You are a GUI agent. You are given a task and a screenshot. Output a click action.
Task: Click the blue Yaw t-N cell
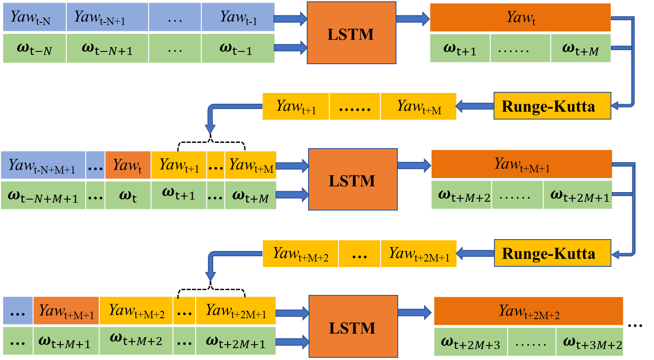pyautogui.click(x=34, y=17)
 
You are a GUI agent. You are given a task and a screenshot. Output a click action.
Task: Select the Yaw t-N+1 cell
pyautogui.click(x=107, y=17)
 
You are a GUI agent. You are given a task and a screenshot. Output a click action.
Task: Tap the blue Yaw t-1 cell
pyautogui.click(x=238, y=17)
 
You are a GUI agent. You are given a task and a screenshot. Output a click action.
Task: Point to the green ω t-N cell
pyautogui.click(x=34, y=48)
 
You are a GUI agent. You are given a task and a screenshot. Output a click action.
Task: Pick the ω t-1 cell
pyautogui.click(x=238, y=48)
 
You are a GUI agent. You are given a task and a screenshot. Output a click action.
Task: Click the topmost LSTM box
pyautogui.click(x=351, y=33)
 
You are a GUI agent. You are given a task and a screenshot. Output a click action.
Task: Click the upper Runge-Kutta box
pyautogui.click(x=552, y=106)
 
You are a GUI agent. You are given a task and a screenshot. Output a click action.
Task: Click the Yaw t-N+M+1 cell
pyautogui.click(x=43, y=165)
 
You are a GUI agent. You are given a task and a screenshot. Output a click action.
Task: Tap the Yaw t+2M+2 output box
pyautogui.click(x=528, y=311)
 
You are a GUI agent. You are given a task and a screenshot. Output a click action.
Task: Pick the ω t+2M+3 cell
pyautogui.click(x=470, y=342)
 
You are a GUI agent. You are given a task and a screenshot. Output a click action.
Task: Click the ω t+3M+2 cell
pyautogui.click(x=590, y=342)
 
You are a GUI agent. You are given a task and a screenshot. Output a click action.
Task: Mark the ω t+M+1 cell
pyautogui.click(x=66, y=341)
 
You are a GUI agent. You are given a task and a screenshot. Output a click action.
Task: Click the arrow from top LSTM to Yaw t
pyautogui.click(x=412, y=18)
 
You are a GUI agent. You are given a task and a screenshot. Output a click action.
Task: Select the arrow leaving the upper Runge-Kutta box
pyautogui.click(x=475, y=106)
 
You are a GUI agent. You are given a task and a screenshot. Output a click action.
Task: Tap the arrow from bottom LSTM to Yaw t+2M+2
pyautogui.click(x=414, y=313)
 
